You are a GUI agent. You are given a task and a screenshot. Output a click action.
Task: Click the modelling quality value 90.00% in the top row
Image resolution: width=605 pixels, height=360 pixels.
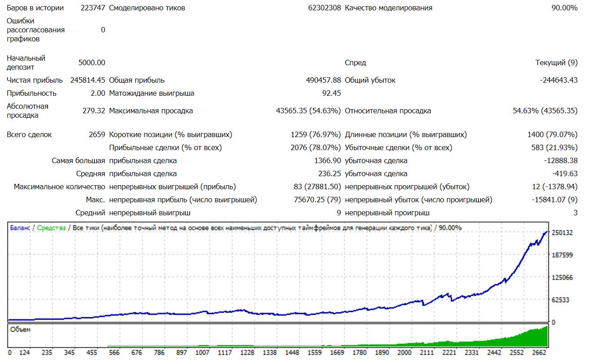coord(565,8)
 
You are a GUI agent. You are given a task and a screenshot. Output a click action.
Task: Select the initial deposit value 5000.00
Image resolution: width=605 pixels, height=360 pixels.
coord(92,63)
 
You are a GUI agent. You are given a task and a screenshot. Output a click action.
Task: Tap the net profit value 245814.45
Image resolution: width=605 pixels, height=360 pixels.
coord(88,80)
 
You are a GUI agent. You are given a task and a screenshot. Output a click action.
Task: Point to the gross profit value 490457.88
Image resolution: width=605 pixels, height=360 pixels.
coord(323,80)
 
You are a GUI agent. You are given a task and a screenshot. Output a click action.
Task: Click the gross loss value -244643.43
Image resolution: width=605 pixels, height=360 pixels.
coord(559,80)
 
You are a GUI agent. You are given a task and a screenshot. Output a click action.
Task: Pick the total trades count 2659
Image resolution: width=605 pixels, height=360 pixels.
coord(97,134)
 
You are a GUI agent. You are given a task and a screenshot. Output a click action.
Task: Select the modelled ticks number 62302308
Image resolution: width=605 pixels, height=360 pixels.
coord(324,8)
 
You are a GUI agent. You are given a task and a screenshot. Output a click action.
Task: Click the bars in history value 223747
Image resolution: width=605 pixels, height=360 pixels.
coord(93,8)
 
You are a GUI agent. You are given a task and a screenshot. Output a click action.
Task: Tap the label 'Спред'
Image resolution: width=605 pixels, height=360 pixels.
coord(355,63)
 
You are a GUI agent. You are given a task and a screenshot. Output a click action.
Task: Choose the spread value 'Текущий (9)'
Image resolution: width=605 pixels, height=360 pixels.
coord(556,63)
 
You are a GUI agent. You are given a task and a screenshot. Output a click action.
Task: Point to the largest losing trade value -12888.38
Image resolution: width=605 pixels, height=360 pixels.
coord(561,161)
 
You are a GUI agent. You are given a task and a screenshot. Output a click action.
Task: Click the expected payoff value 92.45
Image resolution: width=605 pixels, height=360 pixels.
coord(331,93)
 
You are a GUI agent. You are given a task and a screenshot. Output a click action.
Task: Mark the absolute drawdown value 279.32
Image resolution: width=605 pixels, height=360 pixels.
coord(94,111)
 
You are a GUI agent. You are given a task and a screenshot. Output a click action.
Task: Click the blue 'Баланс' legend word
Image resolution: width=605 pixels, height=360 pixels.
coord(20,228)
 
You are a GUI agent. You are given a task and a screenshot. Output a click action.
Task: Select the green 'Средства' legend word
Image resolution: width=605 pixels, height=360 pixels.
coord(51,228)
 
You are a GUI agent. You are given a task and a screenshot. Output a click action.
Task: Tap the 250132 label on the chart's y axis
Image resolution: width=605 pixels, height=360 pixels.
coord(562,233)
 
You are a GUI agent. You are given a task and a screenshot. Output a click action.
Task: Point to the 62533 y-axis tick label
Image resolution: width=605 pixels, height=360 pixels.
coord(561,300)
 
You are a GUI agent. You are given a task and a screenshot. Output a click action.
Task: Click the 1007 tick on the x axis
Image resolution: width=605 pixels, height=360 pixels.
coord(202,353)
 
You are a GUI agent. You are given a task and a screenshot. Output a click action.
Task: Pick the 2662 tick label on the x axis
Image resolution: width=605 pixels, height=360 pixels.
coord(539,353)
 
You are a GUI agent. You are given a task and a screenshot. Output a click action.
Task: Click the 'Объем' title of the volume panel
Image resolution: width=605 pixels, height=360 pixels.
coord(20,330)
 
